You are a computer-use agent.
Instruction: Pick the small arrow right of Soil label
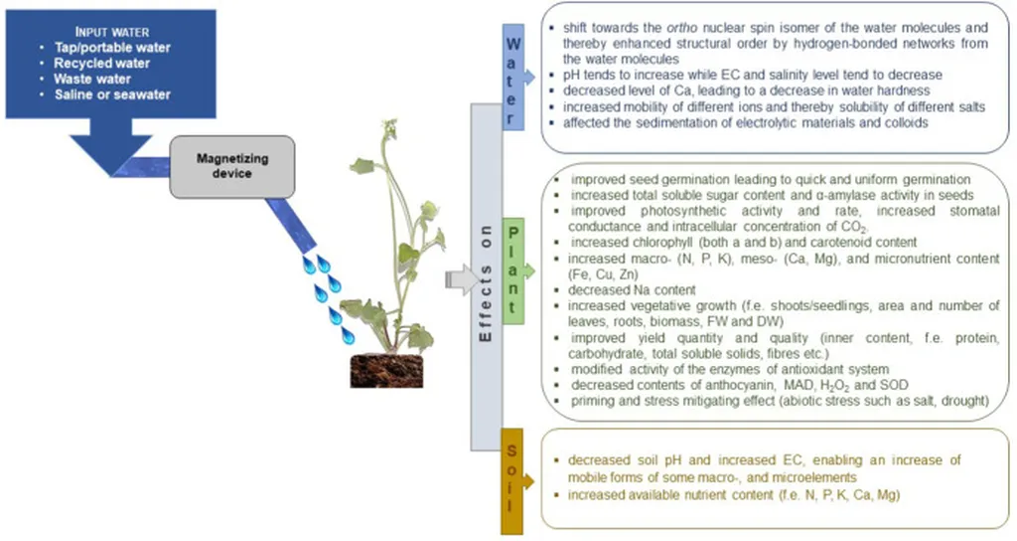[x=530, y=477]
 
